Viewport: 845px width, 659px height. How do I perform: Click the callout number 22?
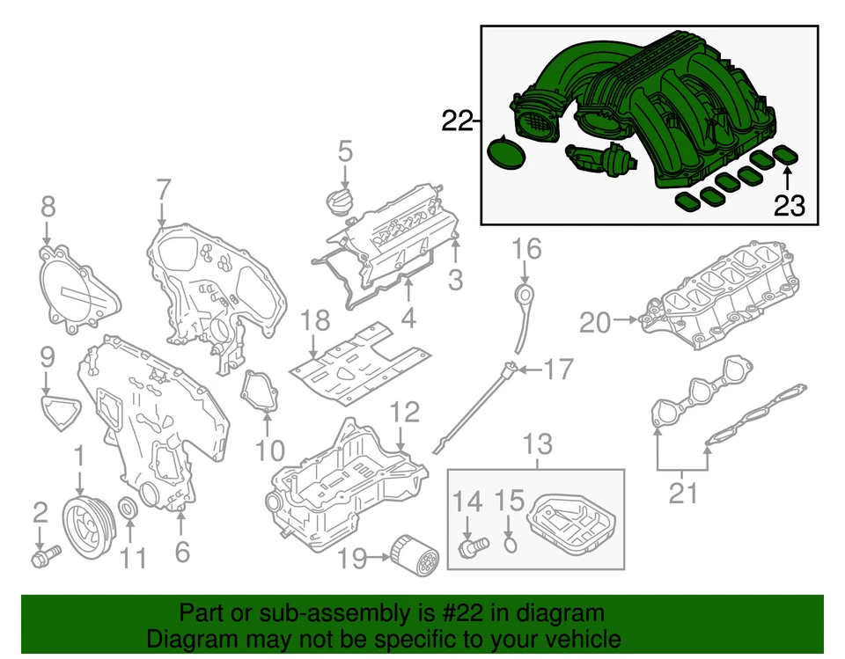click(x=457, y=121)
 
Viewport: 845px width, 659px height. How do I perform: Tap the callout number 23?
click(x=790, y=206)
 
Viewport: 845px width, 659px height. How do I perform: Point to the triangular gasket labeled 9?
click(x=60, y=411)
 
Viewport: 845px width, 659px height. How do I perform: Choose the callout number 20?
click(x=595, y=323)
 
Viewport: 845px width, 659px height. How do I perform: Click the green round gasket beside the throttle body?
click(x=504, y=155)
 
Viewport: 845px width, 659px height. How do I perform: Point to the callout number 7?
click(x=163, y=189)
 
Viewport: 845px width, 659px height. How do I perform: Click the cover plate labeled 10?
click(x=260, y=392)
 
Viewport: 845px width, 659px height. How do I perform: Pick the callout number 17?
click(x=556, y=370)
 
